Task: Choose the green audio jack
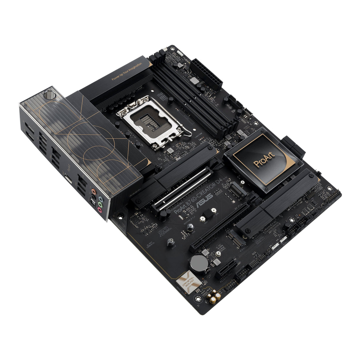[x=100, y=205]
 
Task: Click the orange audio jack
[x=94, y=192]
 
